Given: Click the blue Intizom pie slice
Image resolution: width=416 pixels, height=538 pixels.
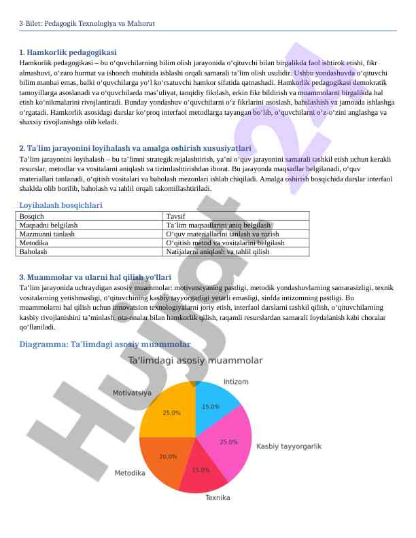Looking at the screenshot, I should point(215,406).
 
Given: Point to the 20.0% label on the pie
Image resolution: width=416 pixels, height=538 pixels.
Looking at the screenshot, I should point(168,456).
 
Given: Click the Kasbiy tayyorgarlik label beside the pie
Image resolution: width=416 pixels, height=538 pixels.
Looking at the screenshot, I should point(288,446).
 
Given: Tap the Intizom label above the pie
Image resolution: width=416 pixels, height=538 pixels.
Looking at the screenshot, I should point(236,382).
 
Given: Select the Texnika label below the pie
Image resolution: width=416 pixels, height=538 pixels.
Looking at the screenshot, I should point(218,497).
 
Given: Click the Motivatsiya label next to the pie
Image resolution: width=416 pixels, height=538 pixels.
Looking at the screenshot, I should point(132,393).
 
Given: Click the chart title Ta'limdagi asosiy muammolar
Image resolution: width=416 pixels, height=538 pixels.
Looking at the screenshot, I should point(195,360).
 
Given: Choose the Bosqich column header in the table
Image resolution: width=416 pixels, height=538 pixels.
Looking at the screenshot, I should point(33,216).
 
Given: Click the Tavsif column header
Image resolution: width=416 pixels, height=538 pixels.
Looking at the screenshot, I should point(175,216).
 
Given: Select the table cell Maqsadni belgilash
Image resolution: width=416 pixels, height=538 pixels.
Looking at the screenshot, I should point(49,225).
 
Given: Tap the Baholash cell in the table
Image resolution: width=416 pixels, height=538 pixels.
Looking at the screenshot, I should point(34,251).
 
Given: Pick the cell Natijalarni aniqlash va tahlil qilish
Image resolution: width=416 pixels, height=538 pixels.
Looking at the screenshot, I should point(218,251).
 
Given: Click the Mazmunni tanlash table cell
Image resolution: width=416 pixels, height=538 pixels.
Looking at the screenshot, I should point(48,234).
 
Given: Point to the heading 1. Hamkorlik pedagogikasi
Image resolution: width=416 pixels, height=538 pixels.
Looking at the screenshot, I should point(68,52).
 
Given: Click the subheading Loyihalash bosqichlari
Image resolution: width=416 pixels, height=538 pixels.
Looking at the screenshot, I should point(61,204).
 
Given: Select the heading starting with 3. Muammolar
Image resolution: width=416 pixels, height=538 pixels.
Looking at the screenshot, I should point(95,277).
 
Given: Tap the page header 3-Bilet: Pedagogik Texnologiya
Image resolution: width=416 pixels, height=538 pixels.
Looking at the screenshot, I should point(87,24).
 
